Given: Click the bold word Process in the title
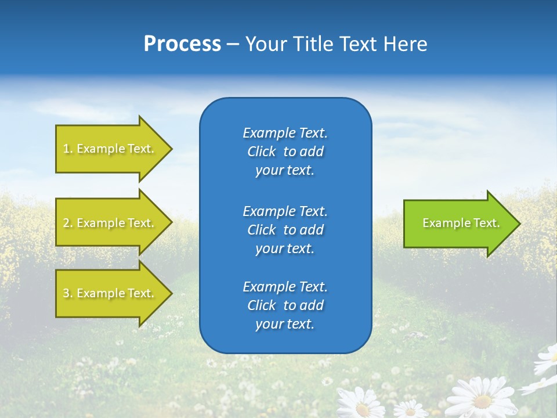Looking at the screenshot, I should [x=182, y=44].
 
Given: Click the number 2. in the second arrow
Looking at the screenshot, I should [x=68, y=223].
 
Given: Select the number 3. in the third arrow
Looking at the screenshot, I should [x=68, y=293].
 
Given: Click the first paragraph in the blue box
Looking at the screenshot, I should [x=285, y=152].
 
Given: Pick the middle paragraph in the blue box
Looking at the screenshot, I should [x=285, y=229].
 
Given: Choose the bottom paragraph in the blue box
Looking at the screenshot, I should [x=285, y=305].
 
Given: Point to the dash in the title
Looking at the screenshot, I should [x=233, y=45].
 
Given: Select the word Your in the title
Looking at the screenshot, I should [x=265, y=44].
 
